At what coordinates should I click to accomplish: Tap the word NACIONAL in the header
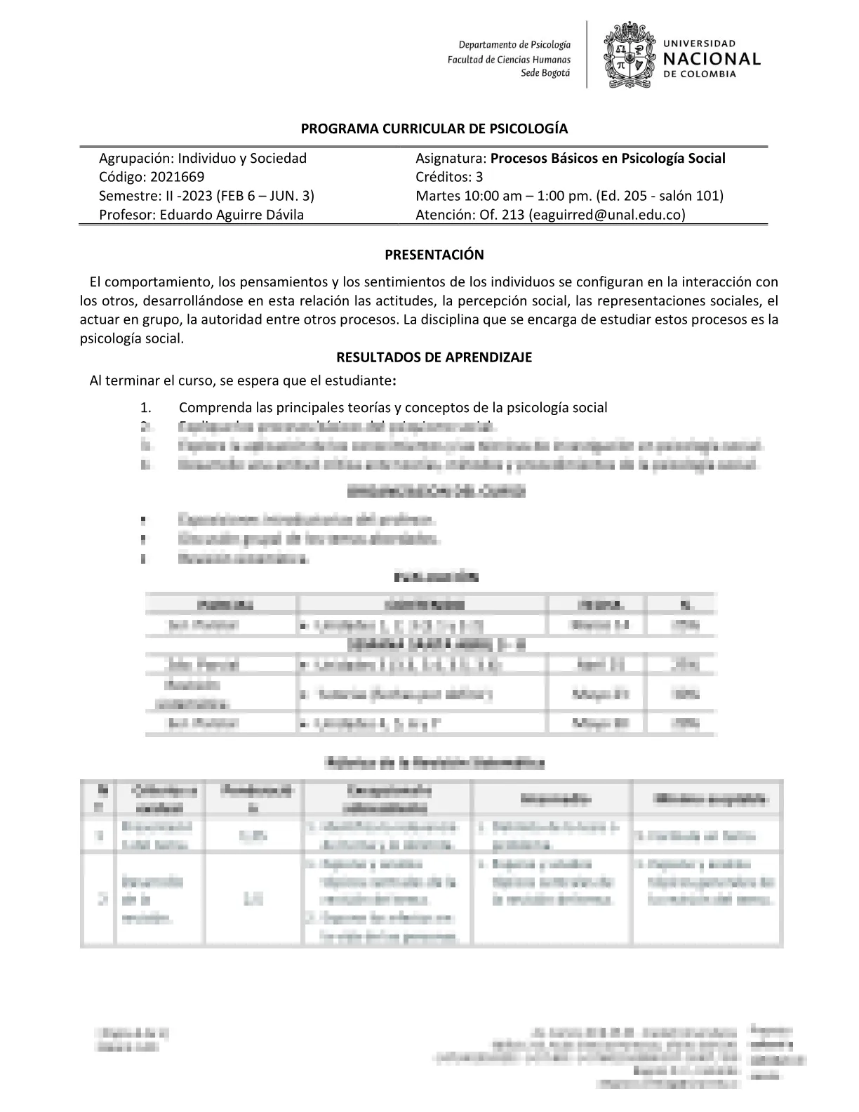711,59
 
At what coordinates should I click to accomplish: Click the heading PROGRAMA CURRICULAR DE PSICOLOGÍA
434,129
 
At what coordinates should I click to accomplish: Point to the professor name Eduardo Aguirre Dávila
232,215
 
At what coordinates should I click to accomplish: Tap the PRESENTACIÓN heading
434,255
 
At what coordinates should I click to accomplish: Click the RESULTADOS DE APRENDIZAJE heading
434,357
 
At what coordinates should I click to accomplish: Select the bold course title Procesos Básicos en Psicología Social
608,158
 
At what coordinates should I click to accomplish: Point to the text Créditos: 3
449,177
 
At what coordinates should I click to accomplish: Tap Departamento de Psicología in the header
514,45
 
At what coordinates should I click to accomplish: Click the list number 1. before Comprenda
145,408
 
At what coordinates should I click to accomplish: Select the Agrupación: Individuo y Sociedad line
203,158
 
